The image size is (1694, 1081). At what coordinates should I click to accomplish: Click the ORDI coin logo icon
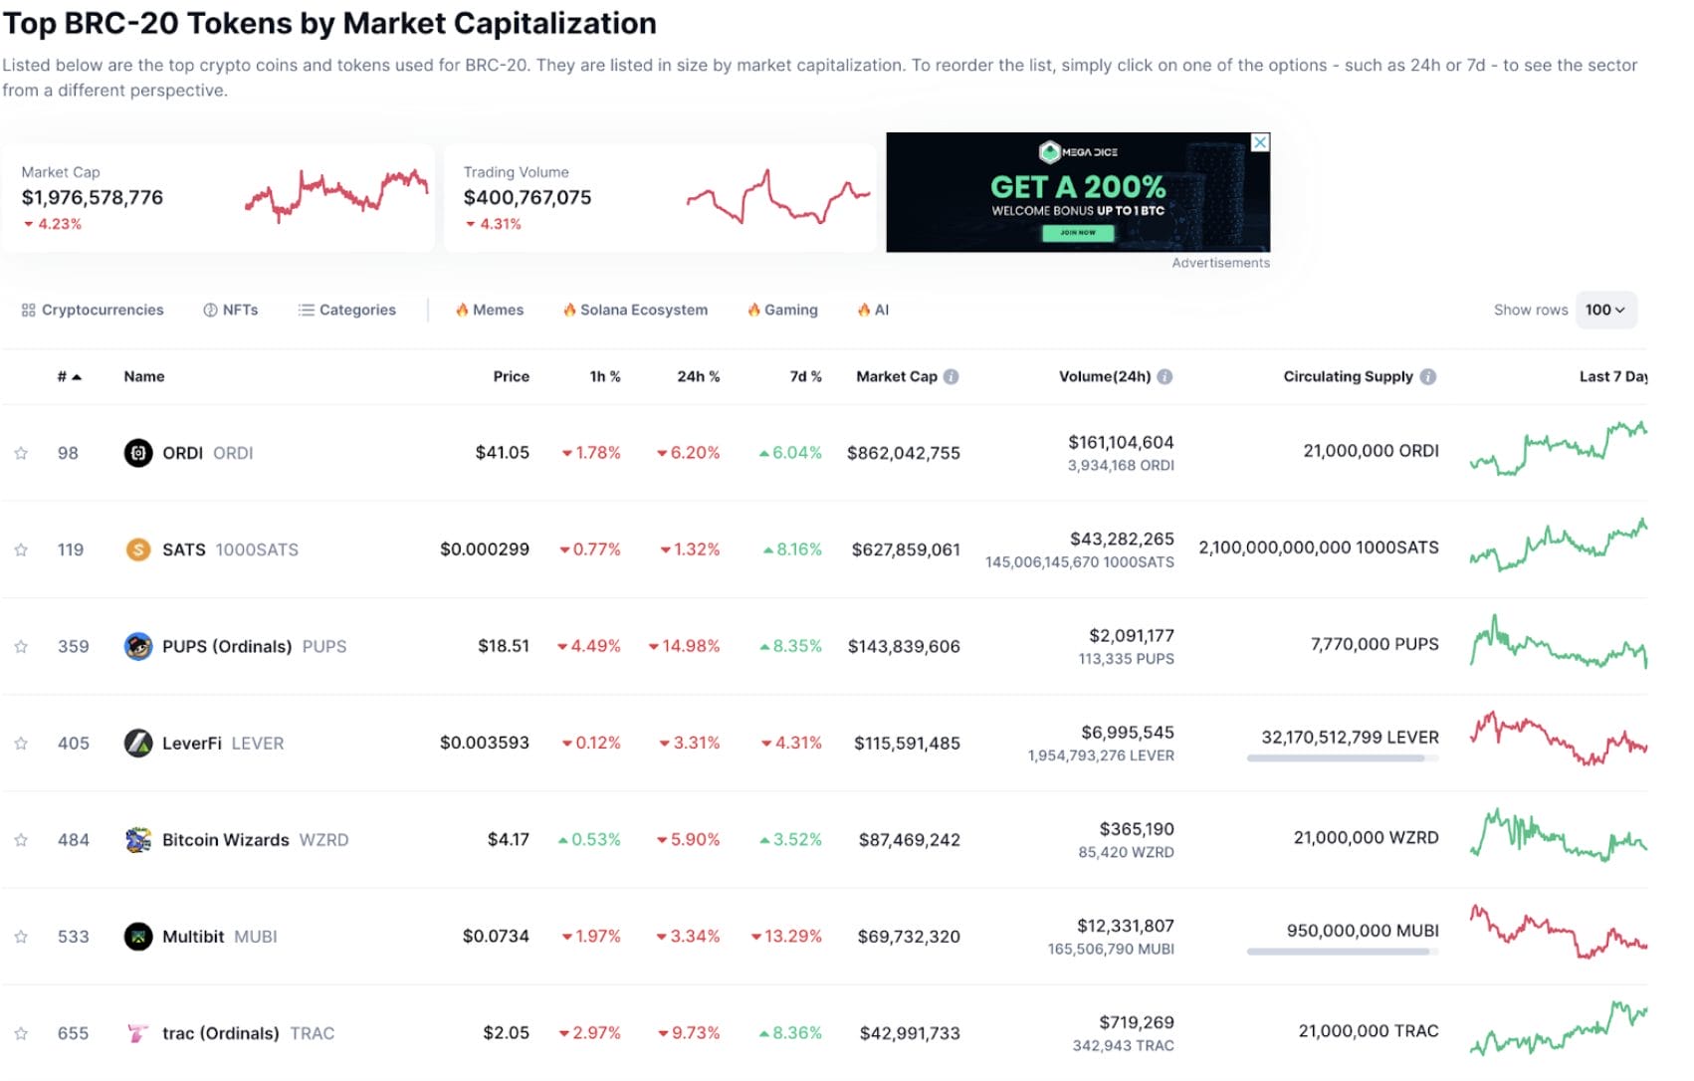tap(137, 453)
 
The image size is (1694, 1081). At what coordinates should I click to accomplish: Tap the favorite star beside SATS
tap(21, 549)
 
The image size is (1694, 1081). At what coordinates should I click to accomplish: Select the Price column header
tap(511, 376)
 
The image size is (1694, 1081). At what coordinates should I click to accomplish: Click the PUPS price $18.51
tap(503, 646)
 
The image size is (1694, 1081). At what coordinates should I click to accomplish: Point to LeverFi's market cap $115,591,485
tap(906, 743)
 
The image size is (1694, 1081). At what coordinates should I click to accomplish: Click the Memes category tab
tap(490, 310)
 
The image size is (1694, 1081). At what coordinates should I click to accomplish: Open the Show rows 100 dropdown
tap(1604, 310)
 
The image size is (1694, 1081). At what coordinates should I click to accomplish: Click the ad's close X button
tap(1259, 142)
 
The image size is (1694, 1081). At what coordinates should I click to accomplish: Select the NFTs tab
tap(231, 310)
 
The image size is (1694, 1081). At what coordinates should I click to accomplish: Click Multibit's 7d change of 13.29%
tap(786, 937)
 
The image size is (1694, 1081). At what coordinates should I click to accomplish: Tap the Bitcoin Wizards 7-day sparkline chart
tap(1558, 836)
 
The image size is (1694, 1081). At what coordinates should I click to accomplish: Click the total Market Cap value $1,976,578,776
tap(93, 197)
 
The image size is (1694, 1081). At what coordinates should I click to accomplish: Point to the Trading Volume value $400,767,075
tap(527, 197)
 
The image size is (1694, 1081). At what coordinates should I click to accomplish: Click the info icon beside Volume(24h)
tap(1165, 376)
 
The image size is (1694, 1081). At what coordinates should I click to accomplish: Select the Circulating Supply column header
tap(1348, 376)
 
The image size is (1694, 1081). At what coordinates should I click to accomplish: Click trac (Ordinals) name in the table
tap(220, 1033)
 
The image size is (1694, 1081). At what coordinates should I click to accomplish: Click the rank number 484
tap(74, 840)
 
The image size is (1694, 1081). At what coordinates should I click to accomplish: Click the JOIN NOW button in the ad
tap(1077, 233)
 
